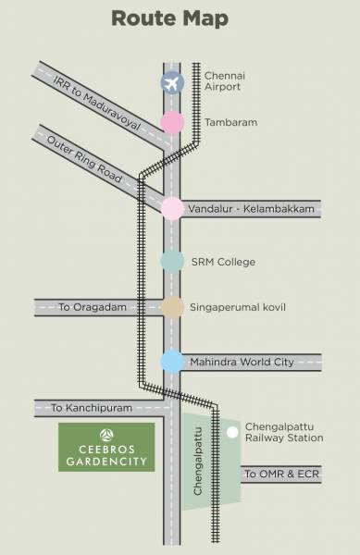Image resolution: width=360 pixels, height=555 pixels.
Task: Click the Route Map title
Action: pyautogui.click(x=180, y=19)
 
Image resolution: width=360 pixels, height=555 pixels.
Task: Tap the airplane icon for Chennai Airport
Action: pyautogui.click(x=172, y=82)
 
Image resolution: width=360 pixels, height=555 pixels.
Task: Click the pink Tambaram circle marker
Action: pyautogui.click(x=172, y=122)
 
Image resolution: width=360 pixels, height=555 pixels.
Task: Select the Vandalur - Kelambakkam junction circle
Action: pyautogui.click(x=172, y=209)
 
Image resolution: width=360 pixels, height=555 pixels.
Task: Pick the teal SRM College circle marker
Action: pyautogui.click(x=172, y=262)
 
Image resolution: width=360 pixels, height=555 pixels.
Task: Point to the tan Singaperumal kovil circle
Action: pyautogui.click(x=172, y=307)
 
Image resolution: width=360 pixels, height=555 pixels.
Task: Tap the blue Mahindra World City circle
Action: pyautogui.click(x=172, y=362)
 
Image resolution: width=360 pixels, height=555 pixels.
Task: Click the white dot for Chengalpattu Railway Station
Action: pyautogui.click(x=231, y=432)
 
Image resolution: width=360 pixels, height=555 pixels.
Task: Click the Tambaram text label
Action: pyautogui.click(x=217, y=122)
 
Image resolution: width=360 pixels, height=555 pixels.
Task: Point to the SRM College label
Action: pyautogui.click(x=223, y=262)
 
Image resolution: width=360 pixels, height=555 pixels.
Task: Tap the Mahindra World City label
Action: pyautogui.click(x=242, y=362)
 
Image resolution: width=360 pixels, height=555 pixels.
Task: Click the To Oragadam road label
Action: pyautogui.click(x=97, y=307)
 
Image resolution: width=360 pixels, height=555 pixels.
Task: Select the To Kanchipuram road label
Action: pyautogui.click(x=92, y=408)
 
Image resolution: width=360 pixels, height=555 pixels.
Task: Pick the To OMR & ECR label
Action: pyautogui.click(x=276, y=474)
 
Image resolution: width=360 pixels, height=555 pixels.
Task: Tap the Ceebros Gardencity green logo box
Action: pyautogui.click(x=106, y=447)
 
